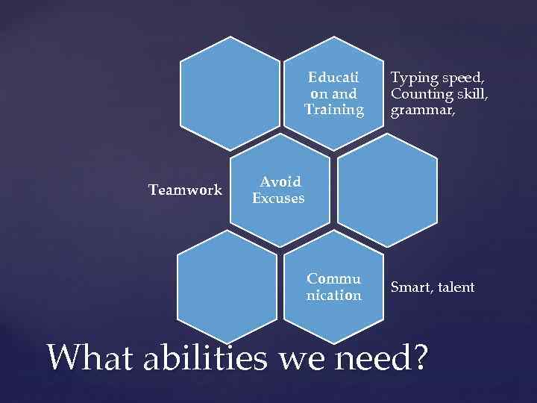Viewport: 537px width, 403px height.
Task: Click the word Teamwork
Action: (x=185, y=190)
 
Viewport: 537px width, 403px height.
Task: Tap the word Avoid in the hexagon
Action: (x=280, y=181)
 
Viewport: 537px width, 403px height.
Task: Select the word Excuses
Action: (x=278, y=199)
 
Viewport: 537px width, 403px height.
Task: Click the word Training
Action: (x=333, y=110)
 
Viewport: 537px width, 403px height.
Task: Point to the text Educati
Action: (x=333, y=77)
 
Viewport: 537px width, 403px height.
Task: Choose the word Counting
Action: (x=418, y=94)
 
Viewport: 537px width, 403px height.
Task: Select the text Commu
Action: (x=333, y=279)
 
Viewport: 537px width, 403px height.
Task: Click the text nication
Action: (x=333, y=296)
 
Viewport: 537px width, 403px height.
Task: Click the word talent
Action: (x=453, y=287)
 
